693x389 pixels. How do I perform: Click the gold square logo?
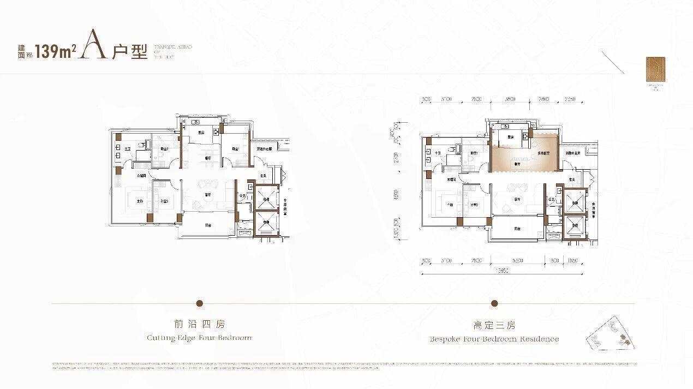[x=653, y=70]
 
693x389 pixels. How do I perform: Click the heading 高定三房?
[x=494, y=325]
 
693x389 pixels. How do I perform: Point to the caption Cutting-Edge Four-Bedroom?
[x=200, y=338]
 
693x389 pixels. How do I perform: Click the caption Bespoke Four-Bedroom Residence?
[x=494, y=339]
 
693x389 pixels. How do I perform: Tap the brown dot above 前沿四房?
[x=200, y=303]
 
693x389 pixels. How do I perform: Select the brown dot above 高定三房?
[x=494, y=303]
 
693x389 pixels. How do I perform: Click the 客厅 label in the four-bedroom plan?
[x=208, y=195]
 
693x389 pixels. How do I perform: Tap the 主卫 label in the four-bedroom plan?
[x=127, y=148]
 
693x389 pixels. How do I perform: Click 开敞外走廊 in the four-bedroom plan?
[x=265, y=148]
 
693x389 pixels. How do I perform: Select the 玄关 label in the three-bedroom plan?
[x=571, y=179]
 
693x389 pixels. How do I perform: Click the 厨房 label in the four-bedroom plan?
[x=201, y=133]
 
